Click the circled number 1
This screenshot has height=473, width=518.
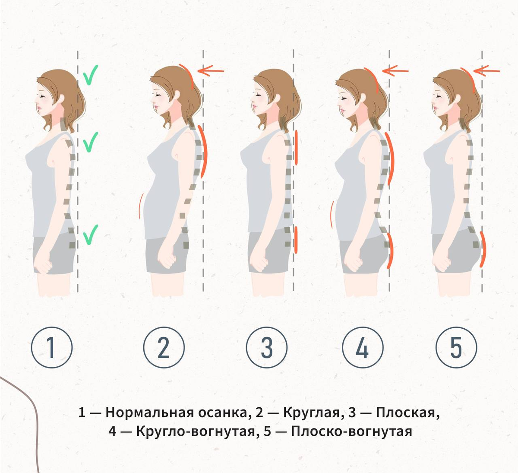coord(52,348)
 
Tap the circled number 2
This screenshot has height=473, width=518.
coord(164,348)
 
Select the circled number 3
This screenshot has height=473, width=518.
coord(266,348)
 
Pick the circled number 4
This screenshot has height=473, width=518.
coord(363,348)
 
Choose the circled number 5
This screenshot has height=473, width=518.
coord(456,348)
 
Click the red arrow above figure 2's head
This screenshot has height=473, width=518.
coord(211,70)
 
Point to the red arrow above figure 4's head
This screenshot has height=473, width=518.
coord(395,70)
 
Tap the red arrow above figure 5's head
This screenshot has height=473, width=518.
coord(487,70)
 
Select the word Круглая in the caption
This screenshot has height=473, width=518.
coord(312,413)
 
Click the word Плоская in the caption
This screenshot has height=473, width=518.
coord(407,413)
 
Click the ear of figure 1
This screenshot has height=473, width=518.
coord(61,100)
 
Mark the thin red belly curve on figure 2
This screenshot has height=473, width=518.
coord(140,206)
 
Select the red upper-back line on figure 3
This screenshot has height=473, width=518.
coord(296,147)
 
